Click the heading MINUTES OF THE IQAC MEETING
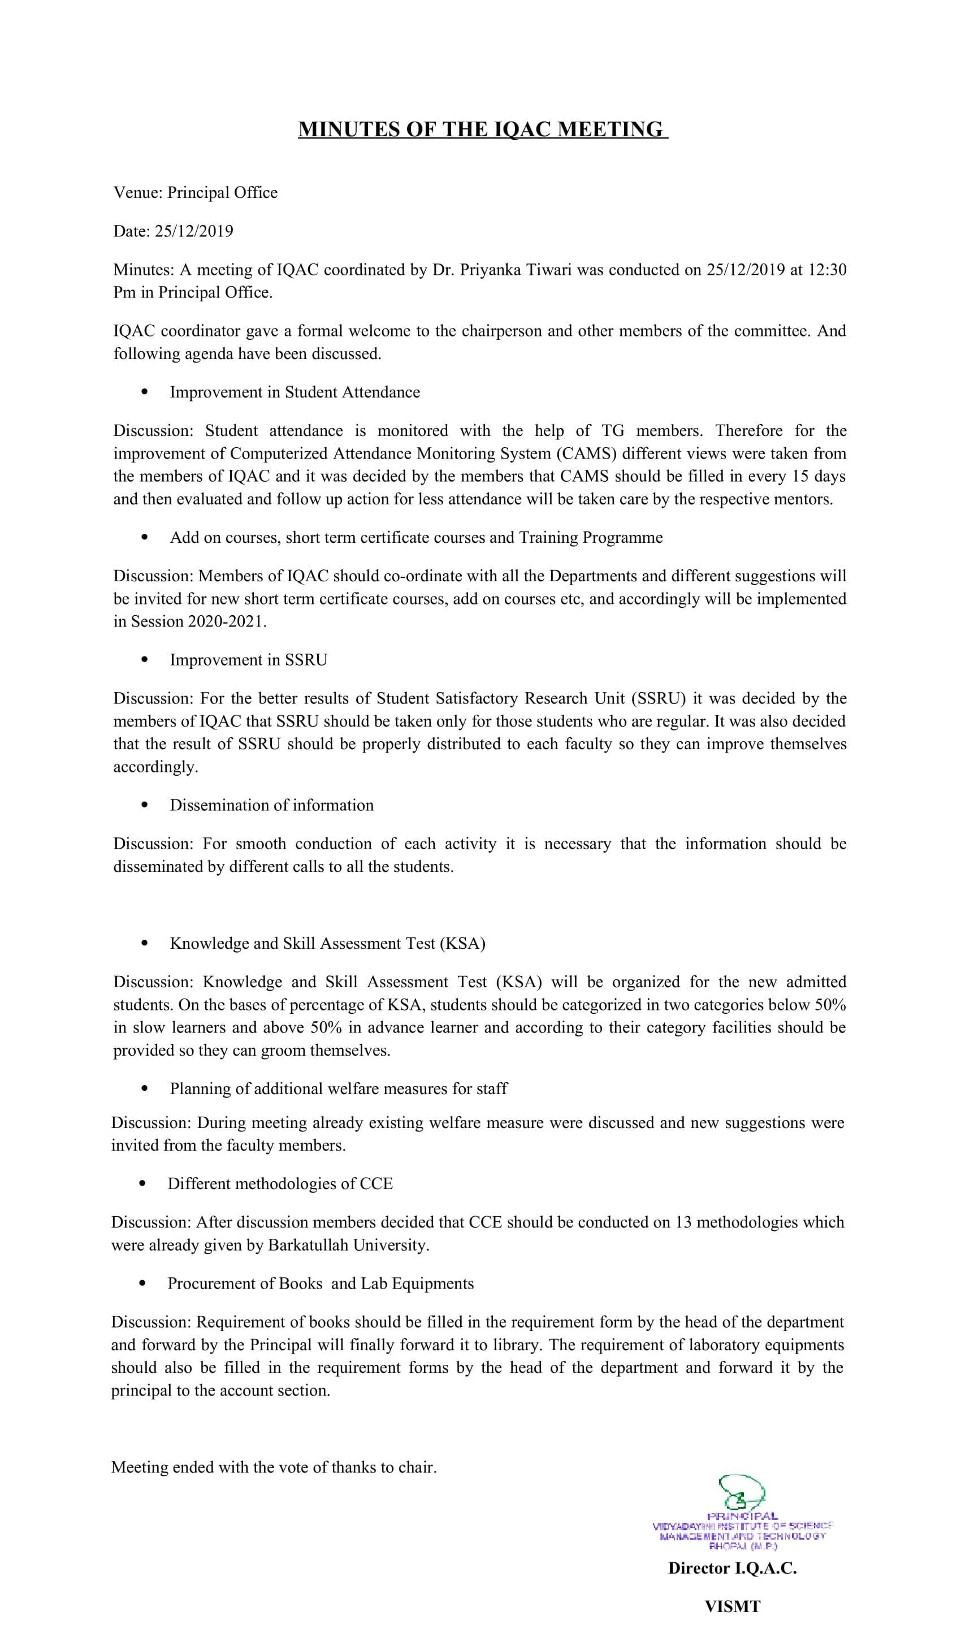click(483, 129)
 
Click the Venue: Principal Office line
click(196, 193)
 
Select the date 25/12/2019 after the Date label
click(193, 231)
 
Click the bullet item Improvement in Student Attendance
click(295, 392)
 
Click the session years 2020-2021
click(226, 621)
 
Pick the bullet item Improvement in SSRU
click(248, 660)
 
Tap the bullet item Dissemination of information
click(272, 805)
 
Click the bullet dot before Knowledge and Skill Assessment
click(144, 944)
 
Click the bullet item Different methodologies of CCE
click(280, 1184)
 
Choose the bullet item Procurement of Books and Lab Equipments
click(321, 1284)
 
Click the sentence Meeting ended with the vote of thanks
click(274, 1467)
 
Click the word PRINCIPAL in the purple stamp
click(742, 1516)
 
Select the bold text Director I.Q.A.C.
click(732, 1568)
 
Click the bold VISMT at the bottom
click(732, 1607)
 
